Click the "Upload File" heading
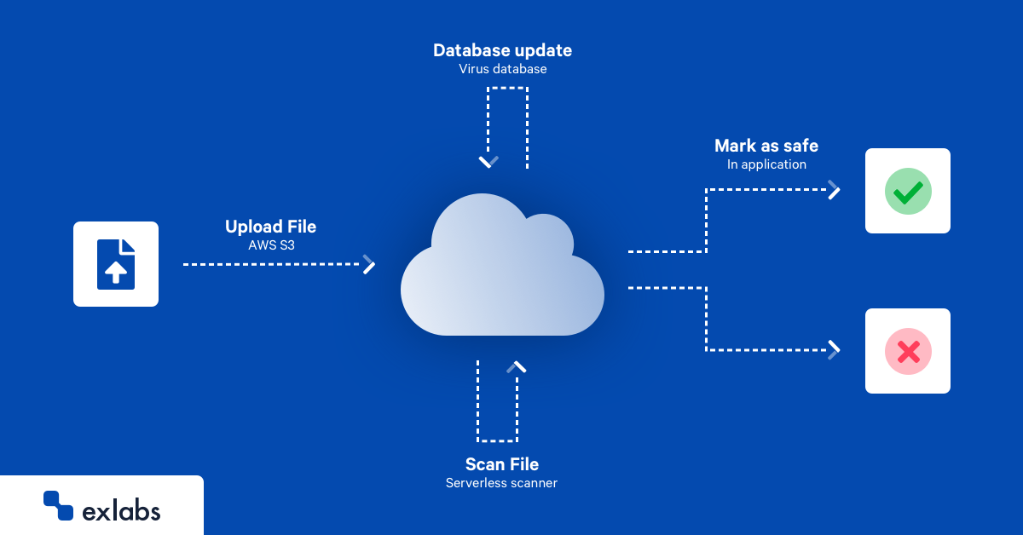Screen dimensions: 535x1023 270,227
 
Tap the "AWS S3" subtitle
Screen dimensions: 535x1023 270,245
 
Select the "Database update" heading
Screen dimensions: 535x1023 502,50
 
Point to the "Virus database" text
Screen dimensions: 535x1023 502,69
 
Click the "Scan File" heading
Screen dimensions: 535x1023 501,464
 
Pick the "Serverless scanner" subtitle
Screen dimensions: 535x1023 501,483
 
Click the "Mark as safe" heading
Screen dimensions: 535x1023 766,146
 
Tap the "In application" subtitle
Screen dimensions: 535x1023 766,164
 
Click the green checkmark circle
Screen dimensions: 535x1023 908,191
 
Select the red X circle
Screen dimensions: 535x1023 908,351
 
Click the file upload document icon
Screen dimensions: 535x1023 116,264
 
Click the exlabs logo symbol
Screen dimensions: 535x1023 59,505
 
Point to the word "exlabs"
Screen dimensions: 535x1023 121,510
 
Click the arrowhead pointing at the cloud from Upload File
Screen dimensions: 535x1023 369,264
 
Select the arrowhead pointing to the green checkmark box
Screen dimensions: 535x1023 835,190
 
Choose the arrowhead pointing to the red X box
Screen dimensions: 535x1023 835,348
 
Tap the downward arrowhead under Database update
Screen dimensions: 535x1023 488,161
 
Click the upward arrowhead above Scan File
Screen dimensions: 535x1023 516,366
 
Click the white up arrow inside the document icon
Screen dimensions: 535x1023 116,272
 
